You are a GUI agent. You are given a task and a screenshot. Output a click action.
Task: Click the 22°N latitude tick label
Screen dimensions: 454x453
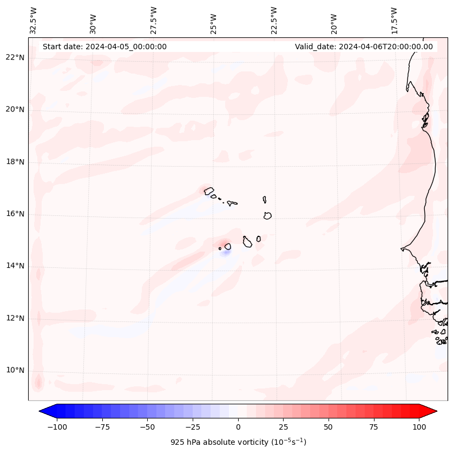tap(15, 57)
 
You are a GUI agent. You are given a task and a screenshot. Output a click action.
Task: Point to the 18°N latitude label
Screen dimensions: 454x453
tap(15, 162)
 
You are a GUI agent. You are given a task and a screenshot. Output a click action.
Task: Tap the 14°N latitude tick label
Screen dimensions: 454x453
tap(15, 266)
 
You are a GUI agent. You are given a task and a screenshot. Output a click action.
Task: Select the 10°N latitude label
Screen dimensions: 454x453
tap(15, 371)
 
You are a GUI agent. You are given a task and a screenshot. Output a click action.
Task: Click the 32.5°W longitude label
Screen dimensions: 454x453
tap(34, 20)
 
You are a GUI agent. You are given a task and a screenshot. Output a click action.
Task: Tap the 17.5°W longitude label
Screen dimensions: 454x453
tap(394, 20)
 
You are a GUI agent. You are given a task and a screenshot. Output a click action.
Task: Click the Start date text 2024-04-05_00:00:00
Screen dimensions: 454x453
tap(104, 47)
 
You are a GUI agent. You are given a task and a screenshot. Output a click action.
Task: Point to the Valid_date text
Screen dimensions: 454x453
tap(364, 47)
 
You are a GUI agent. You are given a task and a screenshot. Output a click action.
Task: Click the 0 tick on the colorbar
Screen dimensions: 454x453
tap(238, 427)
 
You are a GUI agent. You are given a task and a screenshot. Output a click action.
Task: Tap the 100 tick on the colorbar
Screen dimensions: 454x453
tap(419, 427)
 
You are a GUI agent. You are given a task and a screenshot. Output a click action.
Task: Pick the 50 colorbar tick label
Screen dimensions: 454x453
tap(329, 427)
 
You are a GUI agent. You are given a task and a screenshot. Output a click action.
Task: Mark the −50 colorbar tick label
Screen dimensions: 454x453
tap(148, 427)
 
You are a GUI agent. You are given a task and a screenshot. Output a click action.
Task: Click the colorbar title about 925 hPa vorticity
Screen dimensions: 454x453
tap(238, 442)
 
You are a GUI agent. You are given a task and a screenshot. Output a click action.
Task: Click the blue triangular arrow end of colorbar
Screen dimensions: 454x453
tap(47, 411)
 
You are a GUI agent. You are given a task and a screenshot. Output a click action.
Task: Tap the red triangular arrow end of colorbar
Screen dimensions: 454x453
tap(430, 411)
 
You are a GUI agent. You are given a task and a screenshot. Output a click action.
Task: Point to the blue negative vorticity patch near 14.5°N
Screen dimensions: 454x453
tap(226, 252)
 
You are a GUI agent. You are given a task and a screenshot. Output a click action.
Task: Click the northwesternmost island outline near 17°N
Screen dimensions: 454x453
tap(209, 191)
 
